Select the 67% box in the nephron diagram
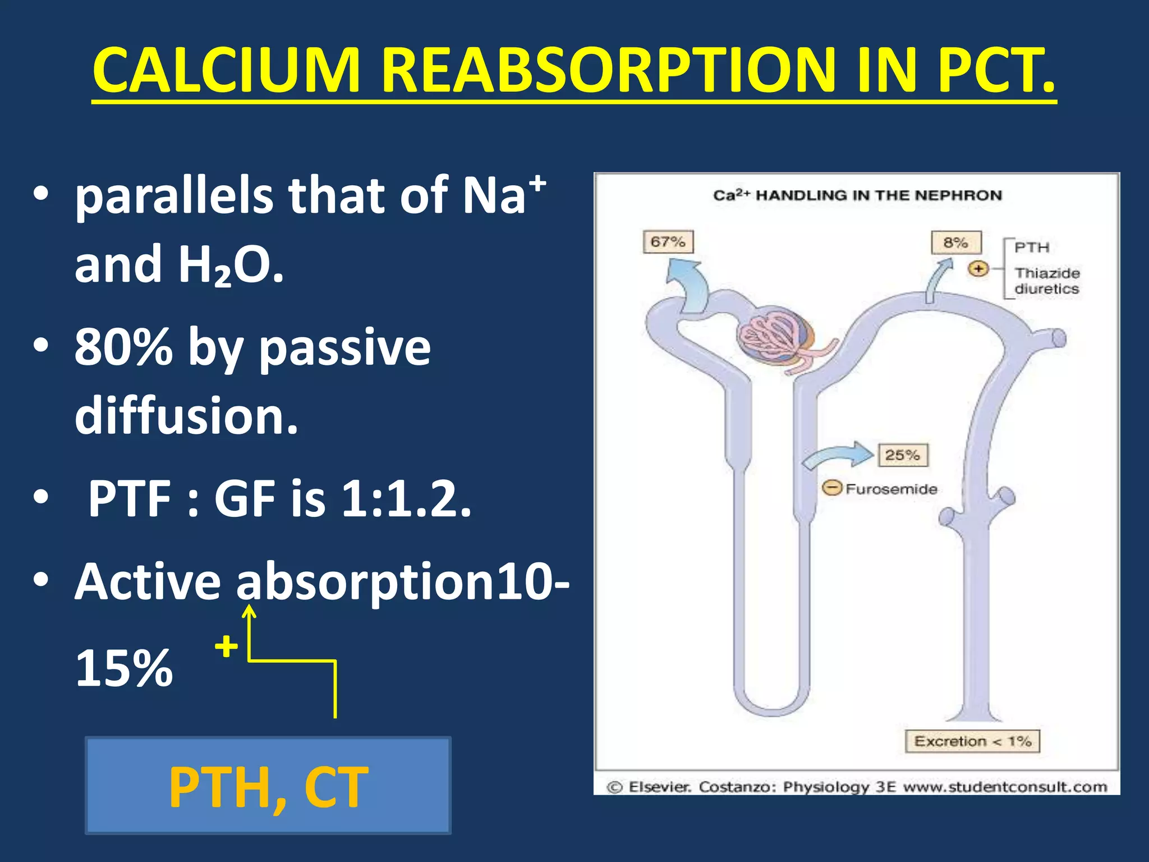coord(668,242)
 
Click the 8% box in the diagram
coord(956,242)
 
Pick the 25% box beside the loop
coord(903,455)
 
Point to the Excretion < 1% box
coord(972,741)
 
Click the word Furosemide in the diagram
coord(891,489)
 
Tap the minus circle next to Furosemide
coord(832,488)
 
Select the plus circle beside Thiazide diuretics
coord(978,269)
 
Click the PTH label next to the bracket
coord(1032,247)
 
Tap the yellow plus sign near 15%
coord(227,646)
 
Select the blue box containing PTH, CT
coord(268,785)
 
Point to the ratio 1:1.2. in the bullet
coord(406,498)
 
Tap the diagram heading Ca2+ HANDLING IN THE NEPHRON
coord(857,195)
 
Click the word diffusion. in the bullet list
coord(186,416)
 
